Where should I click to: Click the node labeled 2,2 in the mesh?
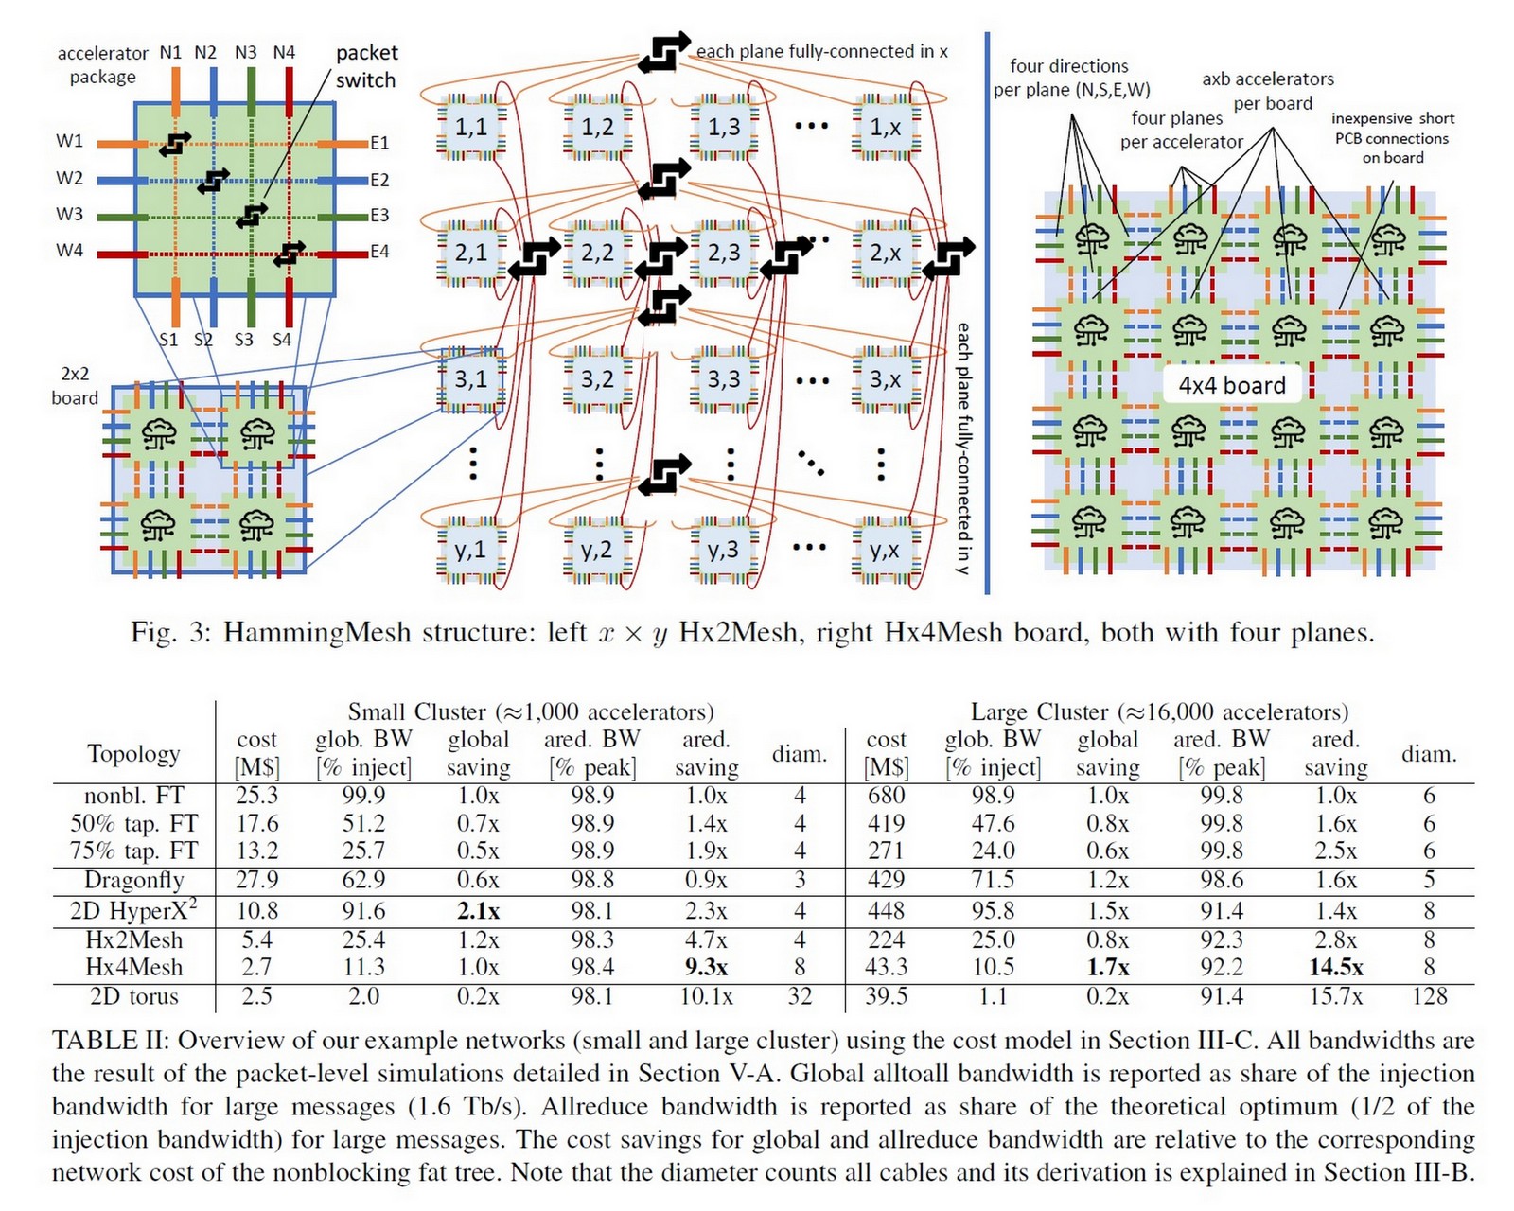(x=597, y=253)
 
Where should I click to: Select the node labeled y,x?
(x=885, y=550)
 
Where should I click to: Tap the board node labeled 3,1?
(x=470, y=379)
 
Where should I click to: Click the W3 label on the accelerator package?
(x=69, y=215)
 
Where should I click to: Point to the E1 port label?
(x=379, y=143)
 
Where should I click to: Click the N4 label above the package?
(x=284, y=53)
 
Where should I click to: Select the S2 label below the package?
(x=203, y=339)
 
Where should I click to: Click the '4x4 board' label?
(x=1231, y=385)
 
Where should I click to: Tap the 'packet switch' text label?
(x=366, y=66)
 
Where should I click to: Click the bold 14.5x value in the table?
(x=1335, y=967)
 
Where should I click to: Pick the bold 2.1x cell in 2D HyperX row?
(x=478, y=910)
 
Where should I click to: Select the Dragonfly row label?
(x=133, y=880)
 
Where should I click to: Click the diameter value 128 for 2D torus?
(x=1429, y=996)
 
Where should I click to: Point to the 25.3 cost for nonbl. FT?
(x=256, y=795)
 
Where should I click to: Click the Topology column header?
(x=133, y=753)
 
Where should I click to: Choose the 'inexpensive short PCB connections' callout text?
(x=1392, y=138)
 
